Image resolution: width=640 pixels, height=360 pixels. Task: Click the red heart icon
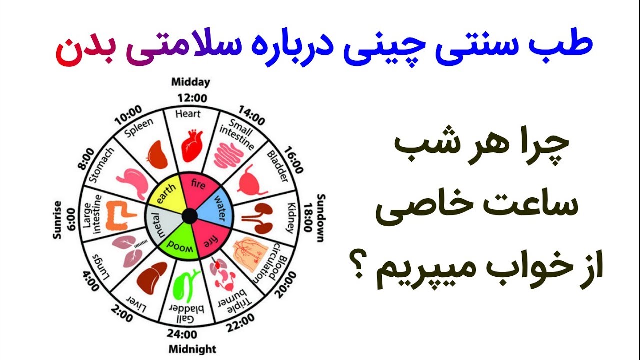tap(192, 145)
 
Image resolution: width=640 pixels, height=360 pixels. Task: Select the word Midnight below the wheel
tap(192, 348)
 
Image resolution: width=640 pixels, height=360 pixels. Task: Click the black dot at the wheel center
tap(189, 216)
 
